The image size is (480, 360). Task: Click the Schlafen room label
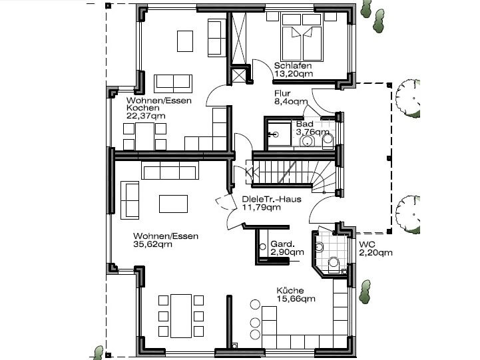pyautogui.click(x=293, y=65)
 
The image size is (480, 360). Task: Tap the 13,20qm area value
pyautogui.click(x=294, y=74)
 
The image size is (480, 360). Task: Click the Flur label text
pyautogui.click(x=282, y=93)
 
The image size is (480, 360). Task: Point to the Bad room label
pyautogui.click(x=305, y=124)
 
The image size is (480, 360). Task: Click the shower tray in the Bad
pyautogui.click(x=279, y=134)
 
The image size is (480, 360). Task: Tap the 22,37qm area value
pyautogui.click(x=146, y=116)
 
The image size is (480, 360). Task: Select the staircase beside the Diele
pyautogui.click(x=294, y=175)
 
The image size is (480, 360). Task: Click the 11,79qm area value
pyautogui.click(x=262, y=208)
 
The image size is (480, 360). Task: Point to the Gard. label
pyautogui.click(x=282, y=244)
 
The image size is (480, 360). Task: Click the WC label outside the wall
pyautogui.click(x=367, y=244)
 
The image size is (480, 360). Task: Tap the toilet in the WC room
pyautogui.click(x=334, y=264)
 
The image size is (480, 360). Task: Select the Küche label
pyautogui.click(x=290, y=290)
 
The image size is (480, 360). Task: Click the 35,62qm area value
pyautogui.click(x=152, y=244)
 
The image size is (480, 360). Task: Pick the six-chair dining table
pyautogui.click(x=181, y=316)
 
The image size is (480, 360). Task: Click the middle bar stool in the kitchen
pyautogui.click(x=255, y=322)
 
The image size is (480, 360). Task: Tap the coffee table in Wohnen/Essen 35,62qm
pyautogui.click(x=173, y=204)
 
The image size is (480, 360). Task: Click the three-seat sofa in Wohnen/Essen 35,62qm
pyautogui.click(x=170, y=170)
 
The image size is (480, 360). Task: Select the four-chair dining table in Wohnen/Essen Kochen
pyautogui.click(x=144, y=136)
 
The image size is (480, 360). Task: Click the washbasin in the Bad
pyautogui.click(x=308, y=141)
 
